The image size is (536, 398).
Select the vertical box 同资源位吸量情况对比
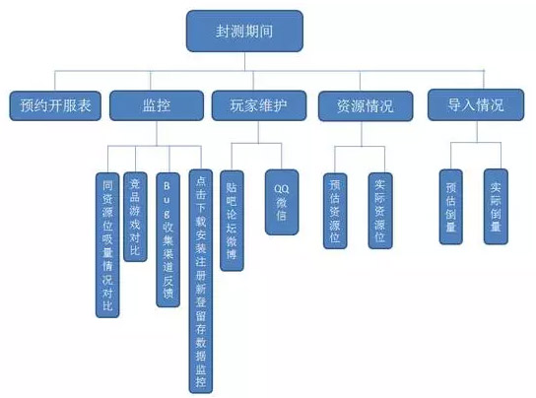point(107,242)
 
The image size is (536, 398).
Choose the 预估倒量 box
point(451,203)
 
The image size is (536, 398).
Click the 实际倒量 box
point(496,203)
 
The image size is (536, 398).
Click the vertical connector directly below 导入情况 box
point(472,129)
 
